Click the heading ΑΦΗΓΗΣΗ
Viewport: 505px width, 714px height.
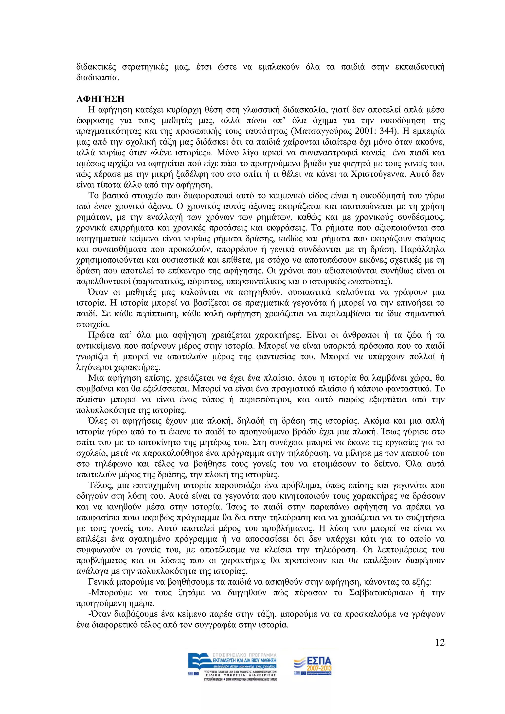tap(100, 99)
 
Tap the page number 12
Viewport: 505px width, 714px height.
tap(440, 643)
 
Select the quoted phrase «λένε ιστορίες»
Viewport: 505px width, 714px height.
tap(185, 153)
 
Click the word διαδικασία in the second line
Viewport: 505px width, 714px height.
tap(97, 77)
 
